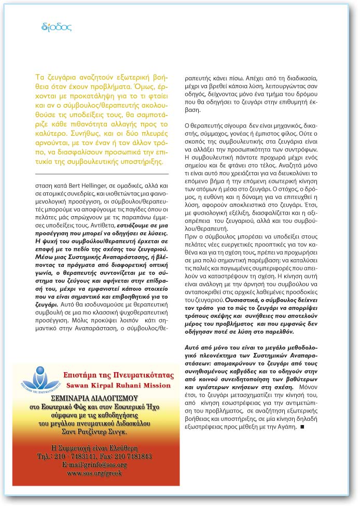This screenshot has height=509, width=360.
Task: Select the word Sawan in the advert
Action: click(78, 385)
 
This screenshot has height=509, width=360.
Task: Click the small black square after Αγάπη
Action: click(301, 427)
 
